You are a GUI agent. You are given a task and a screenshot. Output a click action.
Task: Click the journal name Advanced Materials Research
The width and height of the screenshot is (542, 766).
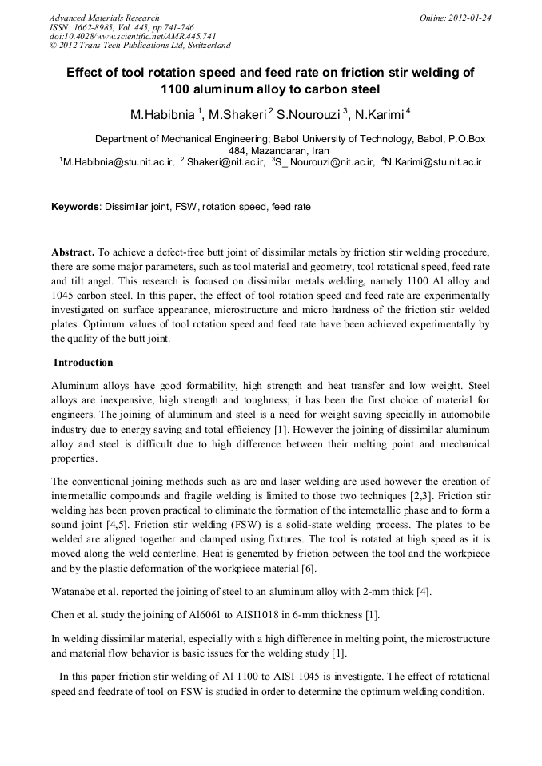tap(104, 18)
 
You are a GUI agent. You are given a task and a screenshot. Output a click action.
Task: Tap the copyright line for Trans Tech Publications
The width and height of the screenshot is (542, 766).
tap(141, 46)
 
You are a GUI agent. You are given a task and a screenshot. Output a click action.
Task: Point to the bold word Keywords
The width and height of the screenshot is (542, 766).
tap(74, 207)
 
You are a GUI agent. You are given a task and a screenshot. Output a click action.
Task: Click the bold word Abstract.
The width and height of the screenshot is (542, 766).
tap(74, 252)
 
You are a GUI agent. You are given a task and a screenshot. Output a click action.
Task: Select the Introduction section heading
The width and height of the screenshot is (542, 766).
tap(83, 363)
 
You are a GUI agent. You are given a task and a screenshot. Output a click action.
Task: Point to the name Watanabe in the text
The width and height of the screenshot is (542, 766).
tap(78, 592)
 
